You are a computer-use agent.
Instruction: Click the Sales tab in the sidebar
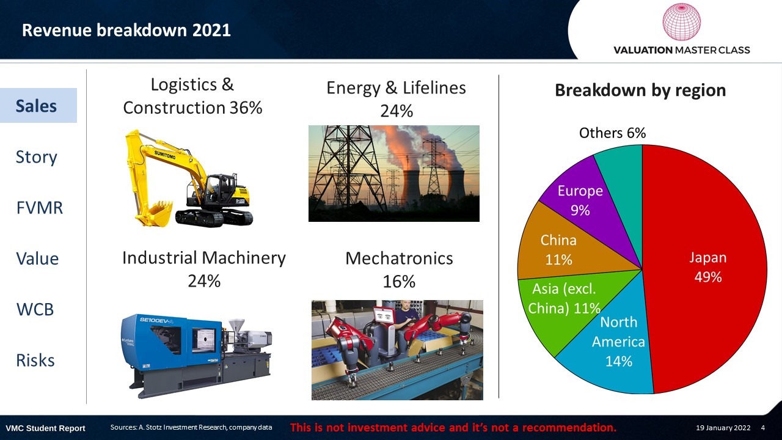click(x=38, y=106)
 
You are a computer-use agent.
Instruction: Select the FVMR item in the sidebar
click(x=40, y=208)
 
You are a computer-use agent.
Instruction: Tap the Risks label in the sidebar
click(x=35, y=361)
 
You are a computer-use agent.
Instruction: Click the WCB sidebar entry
click(x=35, y=309)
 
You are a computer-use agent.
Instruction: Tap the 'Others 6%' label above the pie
click(x=612, y=133)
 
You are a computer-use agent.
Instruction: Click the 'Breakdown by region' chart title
click(x=640, y=90)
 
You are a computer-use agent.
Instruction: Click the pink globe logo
click(x=681, y=21)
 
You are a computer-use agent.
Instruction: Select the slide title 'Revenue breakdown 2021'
click(x=126, y=30)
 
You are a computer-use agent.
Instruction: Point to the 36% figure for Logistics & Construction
click(x=246, y=108)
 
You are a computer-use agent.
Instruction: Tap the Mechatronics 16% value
click(x=399, y=282)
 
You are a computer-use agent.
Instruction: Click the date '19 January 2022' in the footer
click(x=723, y=428)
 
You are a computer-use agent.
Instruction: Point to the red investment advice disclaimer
click(x=453, y=427)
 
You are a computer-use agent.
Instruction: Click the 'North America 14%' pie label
click(x=619, y=342)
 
